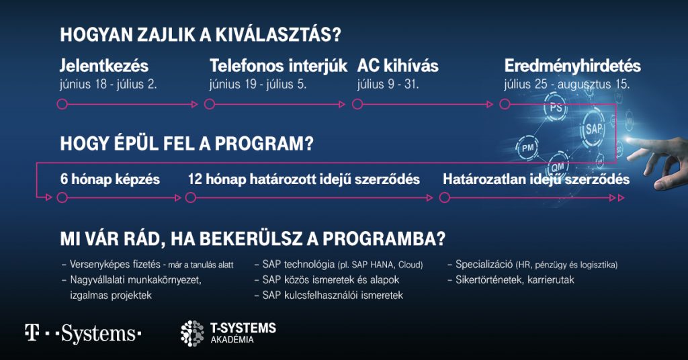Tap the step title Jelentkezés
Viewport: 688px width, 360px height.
point(104,66)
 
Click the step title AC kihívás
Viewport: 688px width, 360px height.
point(398,66)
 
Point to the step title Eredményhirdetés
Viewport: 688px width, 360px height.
point(572,66)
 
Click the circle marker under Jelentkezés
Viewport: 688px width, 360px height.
point(62,104)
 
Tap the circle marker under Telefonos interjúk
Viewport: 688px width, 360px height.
point(210,104)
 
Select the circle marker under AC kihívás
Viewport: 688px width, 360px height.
point(357,104)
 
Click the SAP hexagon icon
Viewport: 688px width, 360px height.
point(594,128)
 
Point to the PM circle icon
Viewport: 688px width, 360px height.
point(527,147)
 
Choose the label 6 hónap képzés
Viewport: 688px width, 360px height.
point(109,179)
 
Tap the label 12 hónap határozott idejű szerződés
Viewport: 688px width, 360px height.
point(304,179)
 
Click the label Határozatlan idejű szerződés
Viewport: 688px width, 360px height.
point(536,179)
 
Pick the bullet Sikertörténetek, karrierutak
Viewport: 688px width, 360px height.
point(511,280)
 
